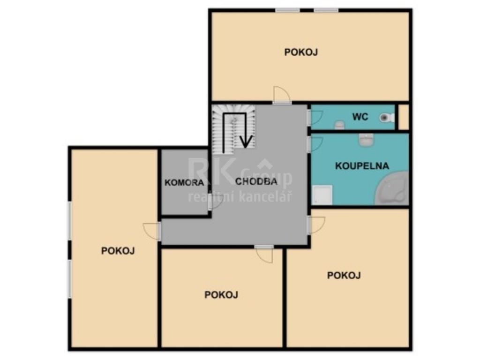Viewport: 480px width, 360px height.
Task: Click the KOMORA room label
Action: tap(184, 183)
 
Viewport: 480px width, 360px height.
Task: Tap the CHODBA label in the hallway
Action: tap(256, 181)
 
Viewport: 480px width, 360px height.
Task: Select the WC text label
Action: tap(360, 117)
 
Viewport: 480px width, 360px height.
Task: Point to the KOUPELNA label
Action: tap(362, 166)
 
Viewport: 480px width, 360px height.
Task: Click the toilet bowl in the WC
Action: tap(387, 118)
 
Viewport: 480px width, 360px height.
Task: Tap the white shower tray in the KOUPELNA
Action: tap(322, 195)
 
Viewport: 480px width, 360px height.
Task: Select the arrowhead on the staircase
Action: tap(246, 141)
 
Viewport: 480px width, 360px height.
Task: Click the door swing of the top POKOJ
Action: tap(282, 95)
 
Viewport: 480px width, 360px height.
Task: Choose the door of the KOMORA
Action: tap(215, 202)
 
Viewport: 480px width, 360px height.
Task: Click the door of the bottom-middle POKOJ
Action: tap(264, 254)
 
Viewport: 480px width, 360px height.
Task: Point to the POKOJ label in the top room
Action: tap(301, 52)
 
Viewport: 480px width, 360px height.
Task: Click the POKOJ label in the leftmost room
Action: tap(118, 251)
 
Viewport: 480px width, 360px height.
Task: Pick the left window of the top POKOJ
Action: tap(287, 10)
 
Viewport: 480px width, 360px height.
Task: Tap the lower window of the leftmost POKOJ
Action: tap(69, 279)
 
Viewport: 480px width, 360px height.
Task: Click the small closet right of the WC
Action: tap(403, 117)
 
